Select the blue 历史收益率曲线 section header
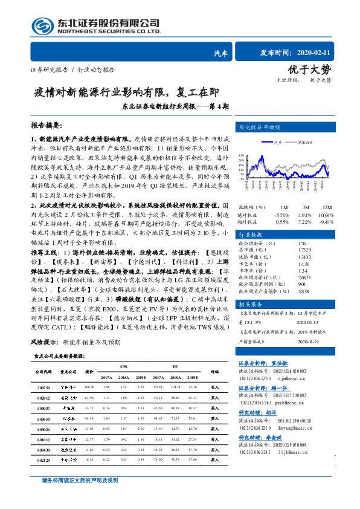260,128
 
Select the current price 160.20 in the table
89,386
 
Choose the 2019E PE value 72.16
193,386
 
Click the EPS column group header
123,366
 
